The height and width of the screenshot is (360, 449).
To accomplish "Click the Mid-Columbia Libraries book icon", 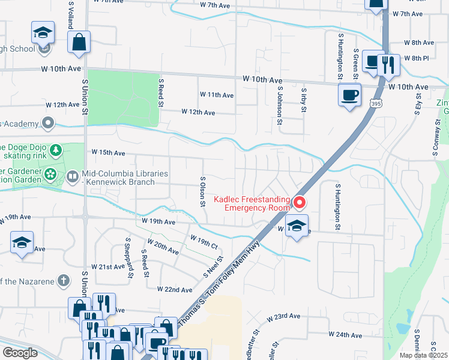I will [x=72, y=176].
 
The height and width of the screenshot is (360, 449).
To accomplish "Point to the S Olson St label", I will [x=203, y=191].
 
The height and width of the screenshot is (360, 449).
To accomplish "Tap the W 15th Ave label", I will [x=108, y=153].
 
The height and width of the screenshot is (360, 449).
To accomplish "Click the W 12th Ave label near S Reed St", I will [x=198, y=112].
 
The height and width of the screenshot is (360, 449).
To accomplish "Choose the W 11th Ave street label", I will [x=216, y=95].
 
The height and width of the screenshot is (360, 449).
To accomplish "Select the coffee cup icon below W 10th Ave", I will [x=349, y=94].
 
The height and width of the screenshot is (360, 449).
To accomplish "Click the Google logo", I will [x=20, y=353].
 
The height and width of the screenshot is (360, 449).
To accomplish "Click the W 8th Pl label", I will [x=416, y=58].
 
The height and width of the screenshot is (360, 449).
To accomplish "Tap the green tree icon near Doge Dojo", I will [x=55, y=149].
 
